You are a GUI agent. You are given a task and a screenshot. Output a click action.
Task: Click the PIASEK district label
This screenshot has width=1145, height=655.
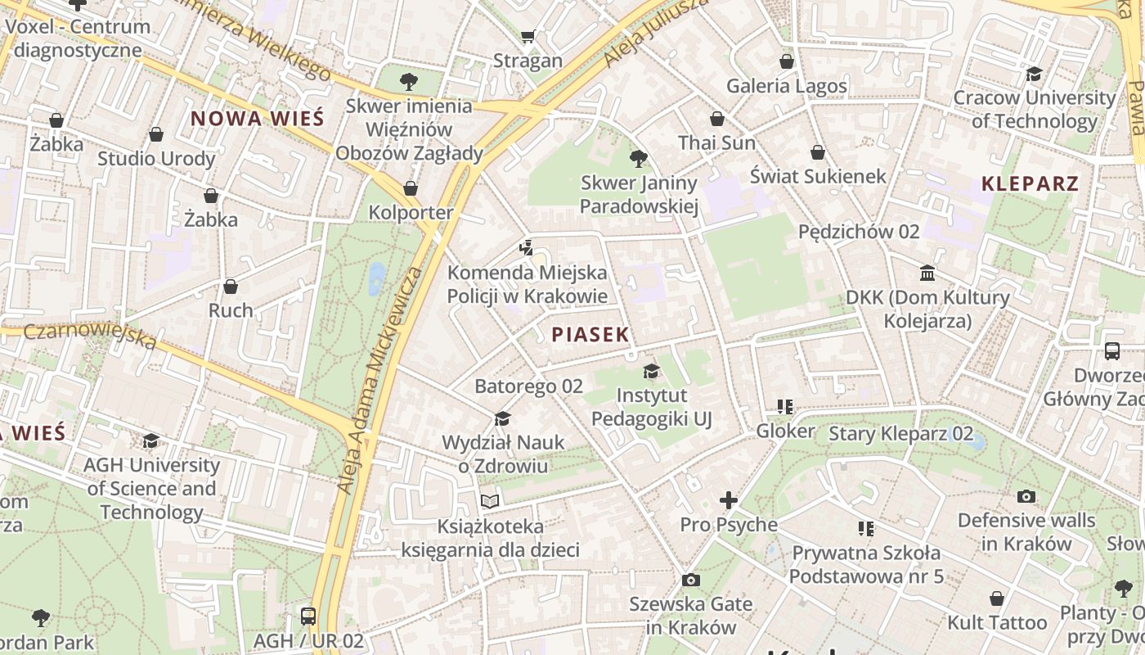tap(590, 334)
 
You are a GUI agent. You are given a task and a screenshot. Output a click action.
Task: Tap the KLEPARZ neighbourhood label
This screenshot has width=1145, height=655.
tap(1030, 183)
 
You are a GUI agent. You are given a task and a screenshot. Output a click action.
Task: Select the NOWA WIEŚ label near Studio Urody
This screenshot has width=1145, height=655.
tap(257, 119)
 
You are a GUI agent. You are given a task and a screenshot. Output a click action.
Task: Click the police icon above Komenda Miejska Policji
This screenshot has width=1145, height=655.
tap(527, 246)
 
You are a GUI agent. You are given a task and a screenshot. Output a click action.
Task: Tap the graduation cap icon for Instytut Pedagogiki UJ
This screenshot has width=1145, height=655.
tap(651, 371)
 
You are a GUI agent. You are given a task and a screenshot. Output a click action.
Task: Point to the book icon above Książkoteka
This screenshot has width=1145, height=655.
tap(489, 501)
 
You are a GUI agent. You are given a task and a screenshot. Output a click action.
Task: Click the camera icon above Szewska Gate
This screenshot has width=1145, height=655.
tap(690, 580)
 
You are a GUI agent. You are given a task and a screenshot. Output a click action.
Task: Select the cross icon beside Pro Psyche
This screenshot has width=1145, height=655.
tap(728, 499)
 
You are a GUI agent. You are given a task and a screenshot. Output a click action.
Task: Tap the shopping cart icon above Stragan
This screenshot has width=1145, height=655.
tap(528, 36)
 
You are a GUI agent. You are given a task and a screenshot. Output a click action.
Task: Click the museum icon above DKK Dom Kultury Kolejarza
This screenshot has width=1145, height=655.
tap(927, 273)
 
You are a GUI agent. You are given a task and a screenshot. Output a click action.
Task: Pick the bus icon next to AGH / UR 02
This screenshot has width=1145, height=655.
tap(308, 616)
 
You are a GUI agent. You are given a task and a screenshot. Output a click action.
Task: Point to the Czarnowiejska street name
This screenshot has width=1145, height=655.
tap(90, 334)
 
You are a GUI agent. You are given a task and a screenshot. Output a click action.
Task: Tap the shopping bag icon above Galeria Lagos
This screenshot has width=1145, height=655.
tap(786, 61)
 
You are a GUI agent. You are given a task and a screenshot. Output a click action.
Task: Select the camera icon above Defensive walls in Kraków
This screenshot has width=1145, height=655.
tap(1026, 496)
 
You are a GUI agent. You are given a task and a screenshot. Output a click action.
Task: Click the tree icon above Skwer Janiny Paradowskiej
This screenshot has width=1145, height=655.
tap(639, 158)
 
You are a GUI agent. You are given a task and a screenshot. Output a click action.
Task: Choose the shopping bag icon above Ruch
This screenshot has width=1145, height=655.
tap(231, 287)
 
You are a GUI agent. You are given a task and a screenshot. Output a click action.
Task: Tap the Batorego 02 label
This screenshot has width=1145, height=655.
tap(528, 386)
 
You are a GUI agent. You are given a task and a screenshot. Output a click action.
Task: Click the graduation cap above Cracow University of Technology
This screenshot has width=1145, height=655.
tap(1034, 74)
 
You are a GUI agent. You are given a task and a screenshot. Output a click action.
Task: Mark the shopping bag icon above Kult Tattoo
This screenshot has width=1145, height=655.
tap(995, 599)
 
